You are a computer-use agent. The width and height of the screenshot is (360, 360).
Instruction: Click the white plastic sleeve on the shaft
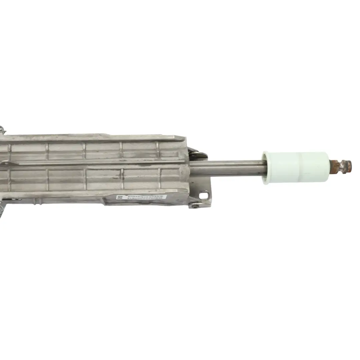pos(297,167)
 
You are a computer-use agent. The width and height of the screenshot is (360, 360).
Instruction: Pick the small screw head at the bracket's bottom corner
pos(195,206)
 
